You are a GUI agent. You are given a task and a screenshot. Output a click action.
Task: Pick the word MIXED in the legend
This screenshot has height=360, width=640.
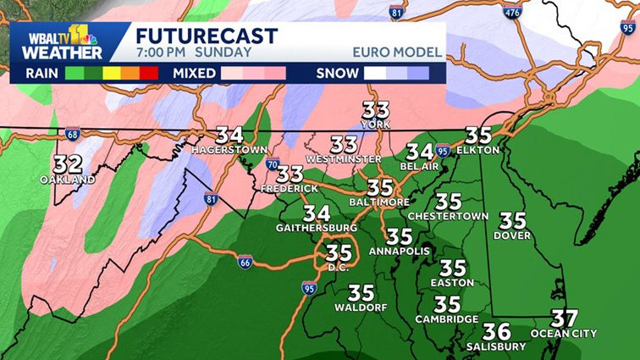[195, 73]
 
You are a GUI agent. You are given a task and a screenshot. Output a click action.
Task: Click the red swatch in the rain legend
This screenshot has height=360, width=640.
[149, 73]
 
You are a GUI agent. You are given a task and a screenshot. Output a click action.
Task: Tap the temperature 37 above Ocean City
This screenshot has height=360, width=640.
[564, 319]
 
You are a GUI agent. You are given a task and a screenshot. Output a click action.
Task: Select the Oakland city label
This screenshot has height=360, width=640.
[67, 180]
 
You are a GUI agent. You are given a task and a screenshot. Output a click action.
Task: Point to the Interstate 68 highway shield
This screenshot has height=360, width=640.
[72, 134]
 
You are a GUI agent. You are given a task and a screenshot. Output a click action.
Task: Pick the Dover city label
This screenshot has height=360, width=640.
[512, 235]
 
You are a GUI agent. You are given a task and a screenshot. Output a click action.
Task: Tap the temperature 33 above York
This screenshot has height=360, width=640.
[375, 110]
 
